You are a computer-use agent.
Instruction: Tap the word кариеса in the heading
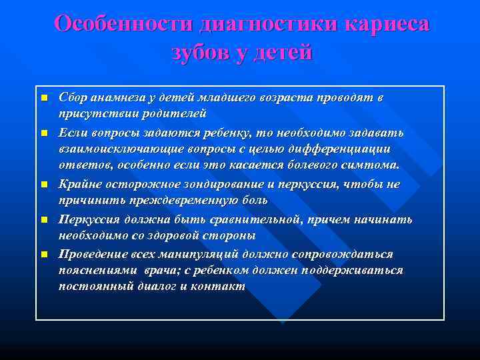click(x=387, y=23)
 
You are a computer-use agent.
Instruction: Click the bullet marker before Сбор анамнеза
click(x=44, y=98)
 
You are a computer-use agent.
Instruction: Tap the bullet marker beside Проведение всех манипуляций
click(x=44, y=254)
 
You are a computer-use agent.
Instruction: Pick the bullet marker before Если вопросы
click(x=44, y=133)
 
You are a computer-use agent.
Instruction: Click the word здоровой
click(x=175, y=235)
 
